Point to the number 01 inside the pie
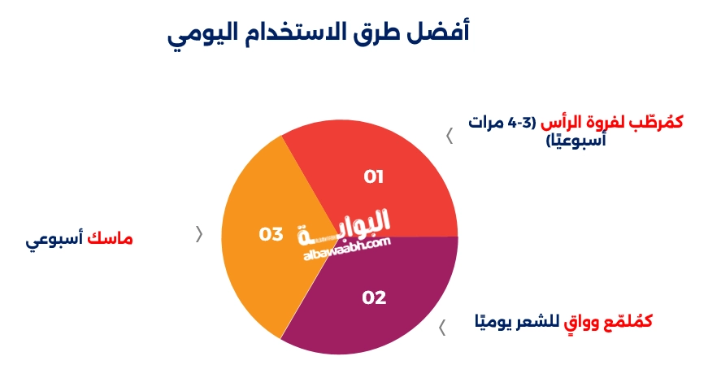click(373, 176)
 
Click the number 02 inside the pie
click(374, 298)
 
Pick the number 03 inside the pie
click(271, 234)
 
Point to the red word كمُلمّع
click(627, 321)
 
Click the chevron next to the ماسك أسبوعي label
click(199, 234)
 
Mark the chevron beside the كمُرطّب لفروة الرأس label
click(450, 136)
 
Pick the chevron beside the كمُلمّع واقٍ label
click(443, 328)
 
